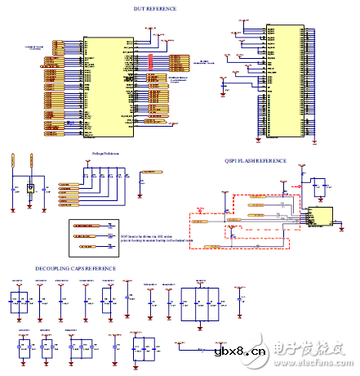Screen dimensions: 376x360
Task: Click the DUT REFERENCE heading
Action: click(x=154, y=9)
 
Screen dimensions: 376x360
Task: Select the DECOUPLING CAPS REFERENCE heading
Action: click(x=75, y=268)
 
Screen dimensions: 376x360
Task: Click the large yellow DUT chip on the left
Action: click(x=104, y=83)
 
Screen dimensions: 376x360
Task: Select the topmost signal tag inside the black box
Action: click(x=85, y=223)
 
